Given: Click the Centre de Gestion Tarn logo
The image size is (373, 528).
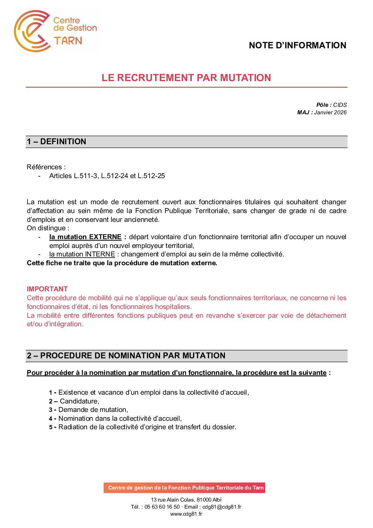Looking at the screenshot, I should coord(55,31).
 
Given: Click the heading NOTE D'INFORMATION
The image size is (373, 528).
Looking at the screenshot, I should coord(297,45).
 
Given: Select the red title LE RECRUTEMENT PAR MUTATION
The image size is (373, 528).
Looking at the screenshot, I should coord(186,78).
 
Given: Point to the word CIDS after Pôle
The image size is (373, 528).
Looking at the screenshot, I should coord(340,105).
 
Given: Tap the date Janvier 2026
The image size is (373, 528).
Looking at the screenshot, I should coord(330,113).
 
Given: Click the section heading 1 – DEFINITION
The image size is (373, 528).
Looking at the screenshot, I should coord(56,142).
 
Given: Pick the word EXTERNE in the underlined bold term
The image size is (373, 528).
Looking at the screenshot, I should coord(105,237).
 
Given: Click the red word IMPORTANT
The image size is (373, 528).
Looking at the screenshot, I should coord(47,289).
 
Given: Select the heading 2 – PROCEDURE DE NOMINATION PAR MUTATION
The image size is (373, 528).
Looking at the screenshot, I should coord(126,356).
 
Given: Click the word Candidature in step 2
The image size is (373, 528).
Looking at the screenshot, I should coord(79,401).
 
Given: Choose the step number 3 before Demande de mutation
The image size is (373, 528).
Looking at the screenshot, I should coord(51,410).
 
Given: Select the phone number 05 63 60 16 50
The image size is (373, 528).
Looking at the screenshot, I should coord(162,507).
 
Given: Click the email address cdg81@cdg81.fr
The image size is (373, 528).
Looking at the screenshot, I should coord(222,507).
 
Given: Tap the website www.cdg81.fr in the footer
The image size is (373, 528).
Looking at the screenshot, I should coord(186,514).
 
